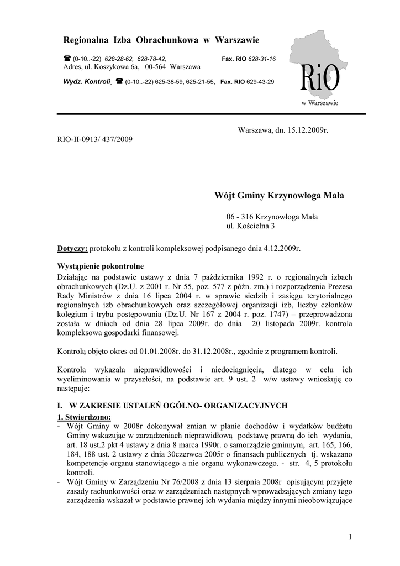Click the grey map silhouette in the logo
click(315, 53)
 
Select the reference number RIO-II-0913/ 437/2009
click(95, 140)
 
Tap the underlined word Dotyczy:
click(72, 249)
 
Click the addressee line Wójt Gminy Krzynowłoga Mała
click(278, 196)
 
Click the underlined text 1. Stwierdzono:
click(84, 416)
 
